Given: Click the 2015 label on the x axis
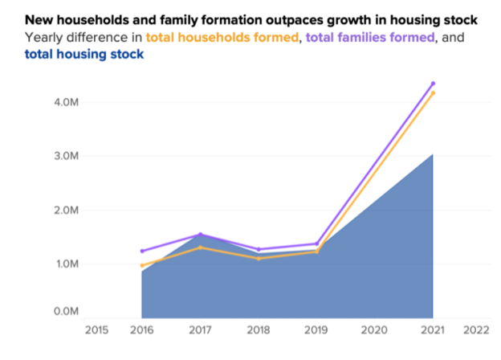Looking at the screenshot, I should [96, 329].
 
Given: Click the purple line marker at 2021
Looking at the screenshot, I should [433, 84].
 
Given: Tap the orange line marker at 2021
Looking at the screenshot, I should [433, 93].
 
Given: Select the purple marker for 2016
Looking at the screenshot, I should [142, 252].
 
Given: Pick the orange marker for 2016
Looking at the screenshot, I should [142, 266].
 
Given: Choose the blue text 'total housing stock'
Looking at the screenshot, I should [84, 54].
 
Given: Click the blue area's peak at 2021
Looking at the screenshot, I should [433, 155].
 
